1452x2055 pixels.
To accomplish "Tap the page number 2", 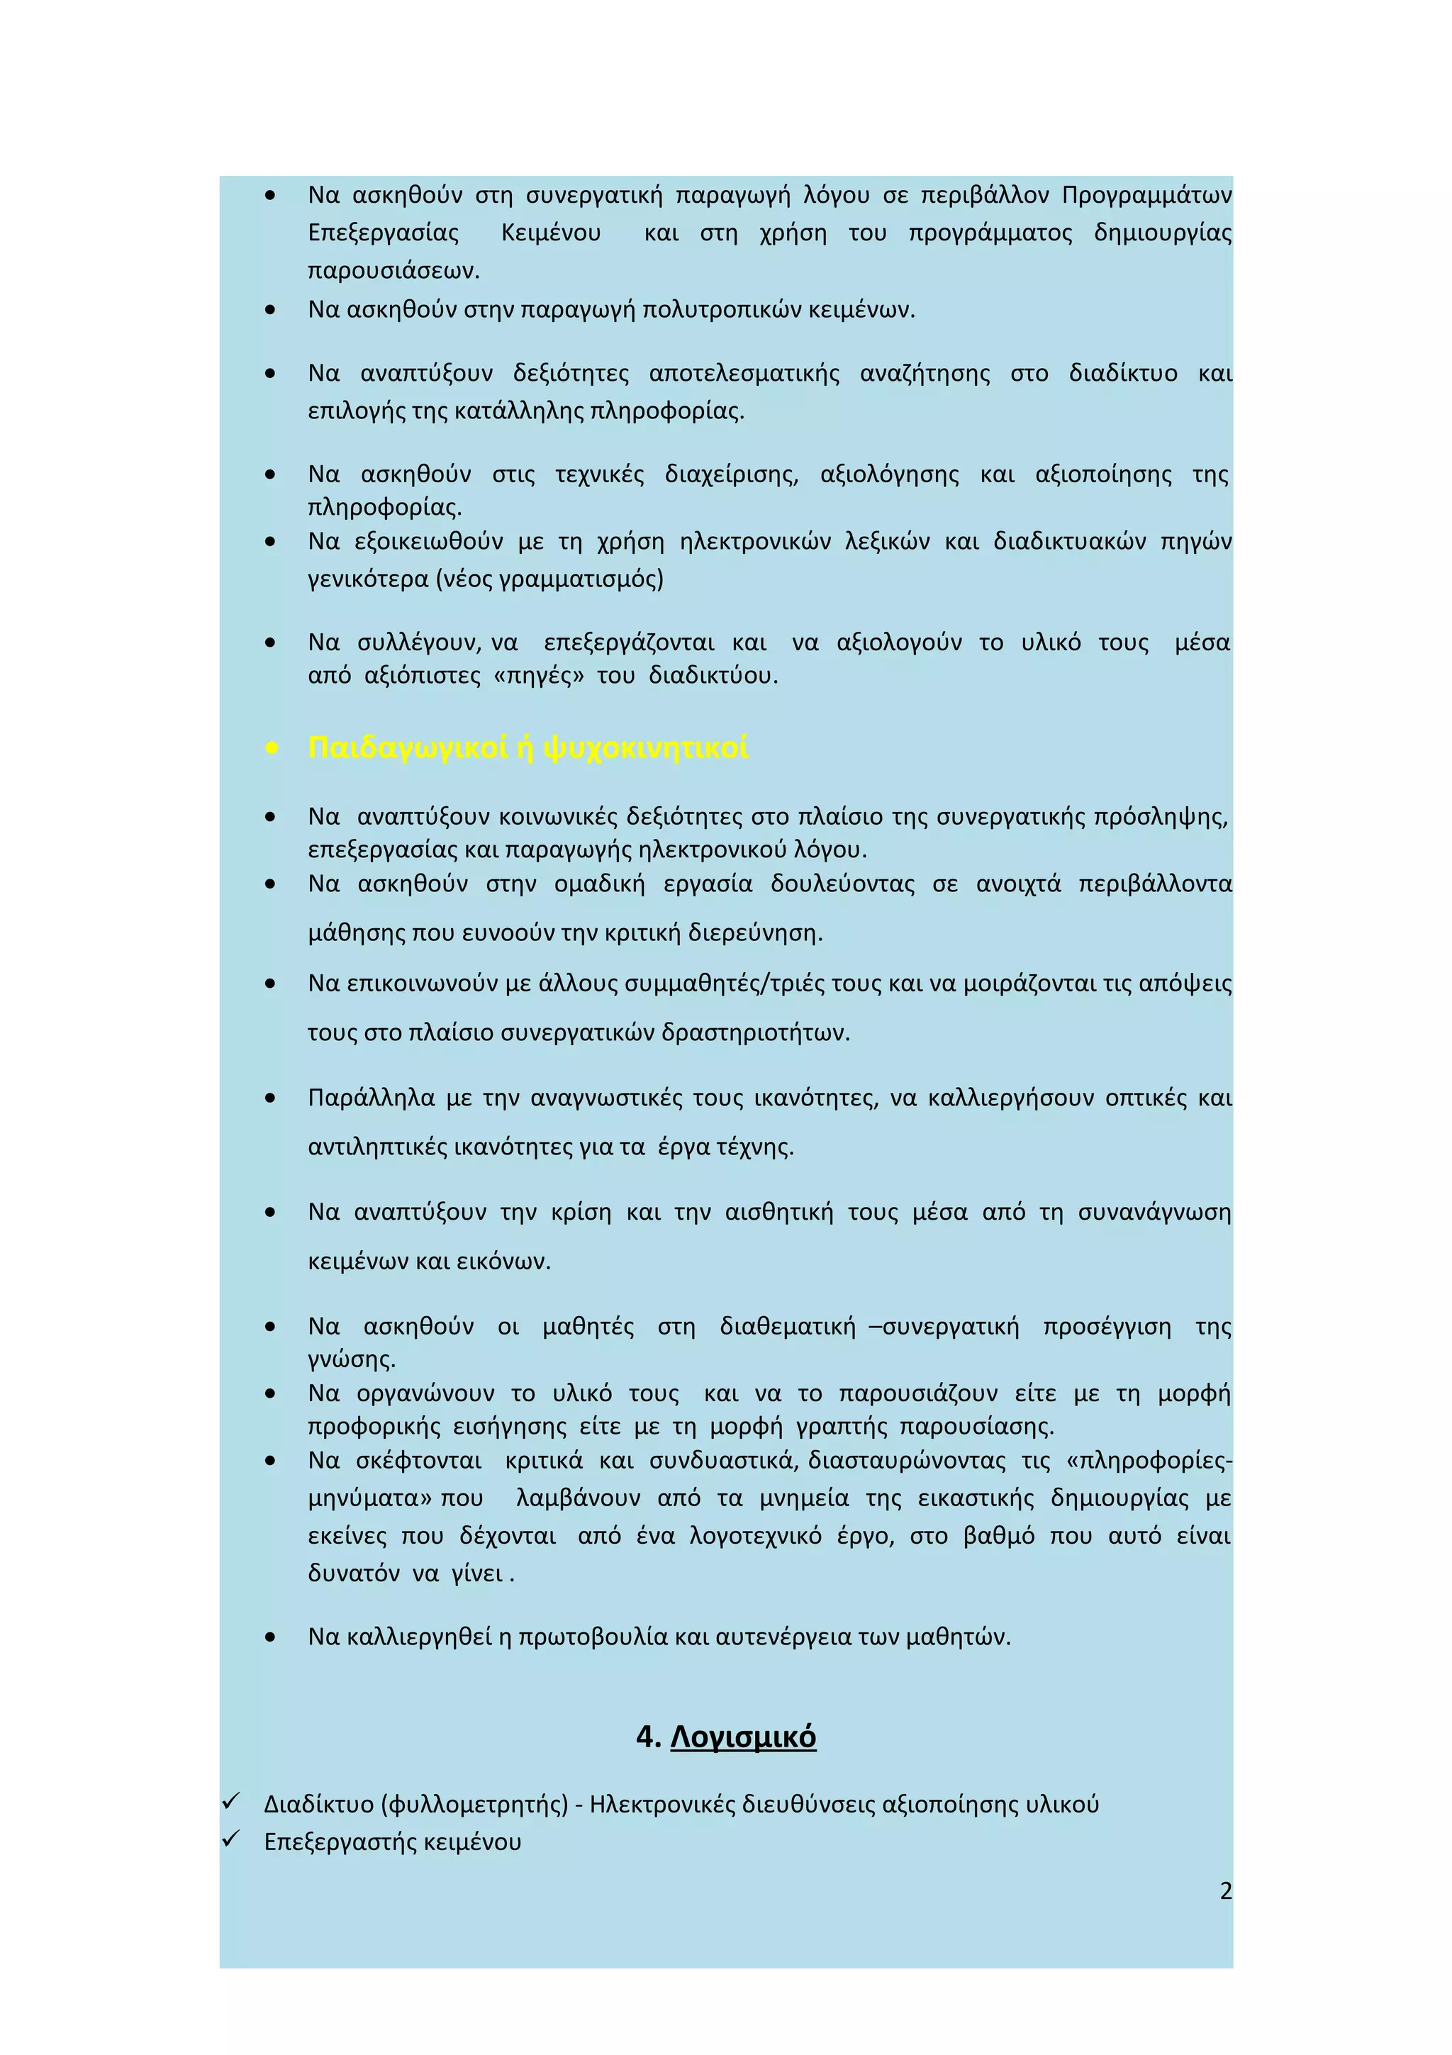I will tap(1226, 1890).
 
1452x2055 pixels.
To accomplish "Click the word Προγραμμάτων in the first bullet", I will tap(1147, 195).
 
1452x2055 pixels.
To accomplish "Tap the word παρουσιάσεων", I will tap(393, 270).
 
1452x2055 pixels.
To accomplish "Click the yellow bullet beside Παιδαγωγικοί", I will tap(271, 748).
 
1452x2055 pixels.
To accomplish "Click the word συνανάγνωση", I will tap(1154, 1212).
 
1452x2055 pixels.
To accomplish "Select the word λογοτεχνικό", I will tap(756, 1536).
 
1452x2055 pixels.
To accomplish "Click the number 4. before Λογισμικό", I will tap(648, 1737).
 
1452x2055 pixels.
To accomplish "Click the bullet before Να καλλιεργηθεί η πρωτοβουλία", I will tap(271, 1638).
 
